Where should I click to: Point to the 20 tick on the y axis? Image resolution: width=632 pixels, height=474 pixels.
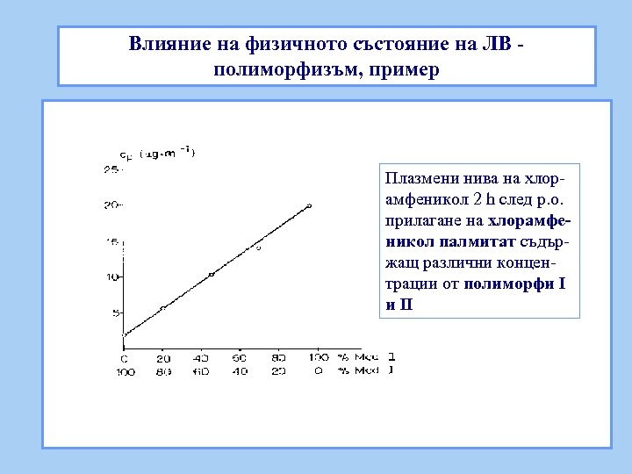tap(111, 205)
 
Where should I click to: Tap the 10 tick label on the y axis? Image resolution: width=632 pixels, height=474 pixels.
tap(111, 276)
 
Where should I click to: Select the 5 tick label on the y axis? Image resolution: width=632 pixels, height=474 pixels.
tap(115, 312)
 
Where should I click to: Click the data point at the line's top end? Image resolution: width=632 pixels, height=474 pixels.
tap(309, 205)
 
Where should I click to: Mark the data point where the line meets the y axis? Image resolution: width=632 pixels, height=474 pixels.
tap(124, 334)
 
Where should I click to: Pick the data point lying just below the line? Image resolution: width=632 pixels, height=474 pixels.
tap(259, 248)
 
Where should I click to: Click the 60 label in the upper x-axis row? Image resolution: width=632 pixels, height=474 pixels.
tap(239, 358)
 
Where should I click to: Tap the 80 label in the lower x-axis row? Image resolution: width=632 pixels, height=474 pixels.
tap(163, 371)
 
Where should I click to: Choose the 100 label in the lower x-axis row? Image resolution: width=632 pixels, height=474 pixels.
tap(123, 371)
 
